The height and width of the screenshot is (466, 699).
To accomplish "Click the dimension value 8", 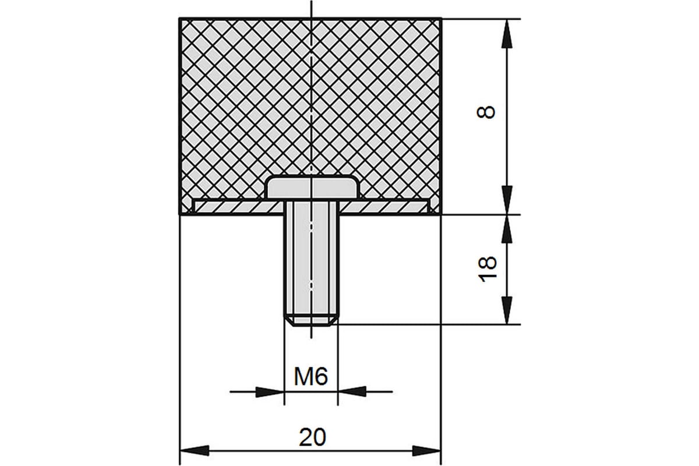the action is click(x=486, y=112).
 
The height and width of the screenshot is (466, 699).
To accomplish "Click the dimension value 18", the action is click(x=487, y=269).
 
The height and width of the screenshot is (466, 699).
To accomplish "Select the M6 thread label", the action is click(x=311, y=376).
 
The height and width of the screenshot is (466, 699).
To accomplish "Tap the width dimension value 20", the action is click(x=313, y=437).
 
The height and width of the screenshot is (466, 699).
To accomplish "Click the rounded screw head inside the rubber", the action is click(x=312, y=188).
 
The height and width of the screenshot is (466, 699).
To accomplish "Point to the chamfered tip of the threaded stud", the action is click(x=312, y=322).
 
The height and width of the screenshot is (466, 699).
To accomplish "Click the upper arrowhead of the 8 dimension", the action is click(x=507, y=34).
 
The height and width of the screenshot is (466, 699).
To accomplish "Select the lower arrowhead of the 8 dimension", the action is click(x=507, y=200).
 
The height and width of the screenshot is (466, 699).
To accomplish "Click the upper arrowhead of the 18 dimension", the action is click(x=507, y=229).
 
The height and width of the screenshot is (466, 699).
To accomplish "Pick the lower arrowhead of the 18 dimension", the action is click(x=507, y=310).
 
